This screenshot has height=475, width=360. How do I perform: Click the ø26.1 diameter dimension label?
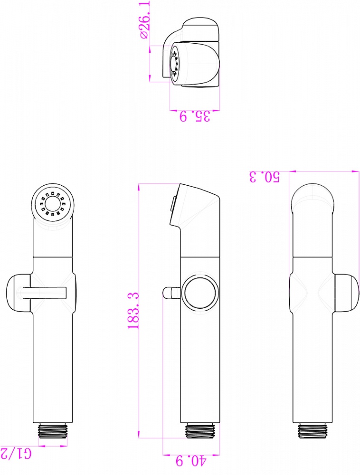click(145, 20)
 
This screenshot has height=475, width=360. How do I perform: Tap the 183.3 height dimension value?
click(133, 311)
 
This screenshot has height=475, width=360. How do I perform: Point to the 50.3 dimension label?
click(265, 177)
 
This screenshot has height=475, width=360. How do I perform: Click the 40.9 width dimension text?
click(191, 461)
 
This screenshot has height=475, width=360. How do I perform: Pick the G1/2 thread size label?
click(16, 454)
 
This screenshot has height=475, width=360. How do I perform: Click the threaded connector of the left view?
click(53, 431)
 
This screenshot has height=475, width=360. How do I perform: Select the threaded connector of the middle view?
click(200, 431)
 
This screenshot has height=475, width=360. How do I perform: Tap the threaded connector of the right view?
click(312, 431)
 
